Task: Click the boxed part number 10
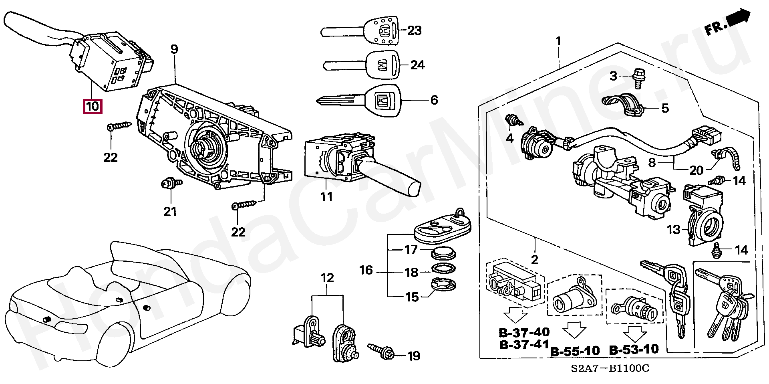pos(92,106)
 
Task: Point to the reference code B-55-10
pos(575,351)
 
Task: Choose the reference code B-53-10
pos(634,349)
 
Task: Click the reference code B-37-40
pos(524,332)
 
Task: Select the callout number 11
pos(326,197)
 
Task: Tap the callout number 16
pos(366,270)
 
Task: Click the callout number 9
pos(174,50)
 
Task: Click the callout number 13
pos(674,230)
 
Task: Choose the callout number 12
pos(327,278)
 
